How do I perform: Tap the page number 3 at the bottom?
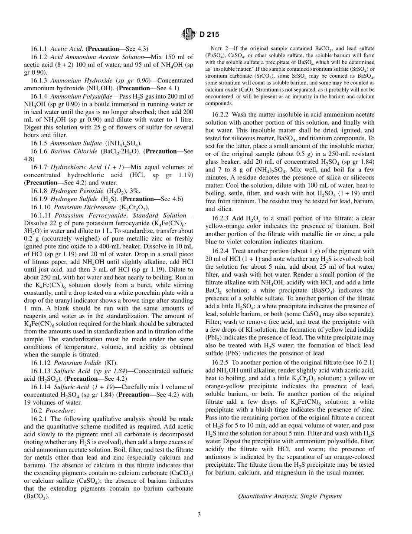(199, 514)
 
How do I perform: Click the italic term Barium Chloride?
(72, 152)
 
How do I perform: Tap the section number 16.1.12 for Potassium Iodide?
(41, 363)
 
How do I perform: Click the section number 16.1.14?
(41, 386)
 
